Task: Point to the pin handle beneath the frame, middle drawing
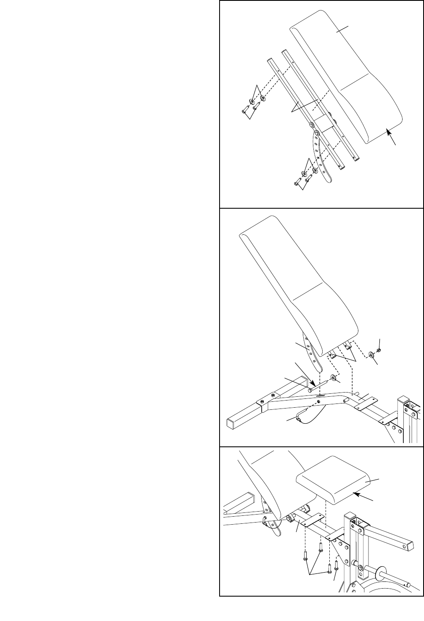click(299, 418)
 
